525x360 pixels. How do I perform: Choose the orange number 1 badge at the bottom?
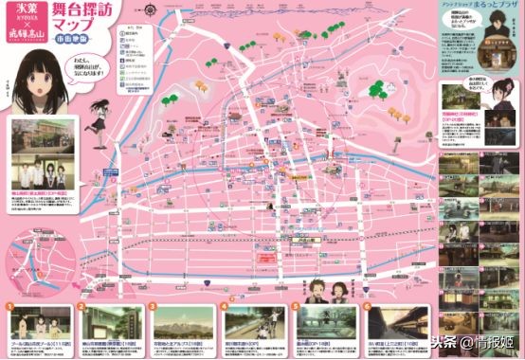pos(11,306)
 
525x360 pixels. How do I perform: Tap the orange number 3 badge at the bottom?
pos(154,306)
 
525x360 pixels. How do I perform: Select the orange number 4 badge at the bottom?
pos(225,306)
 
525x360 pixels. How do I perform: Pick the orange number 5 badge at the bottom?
pos(296,306)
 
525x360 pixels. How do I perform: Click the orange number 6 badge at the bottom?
pos(367,306)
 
